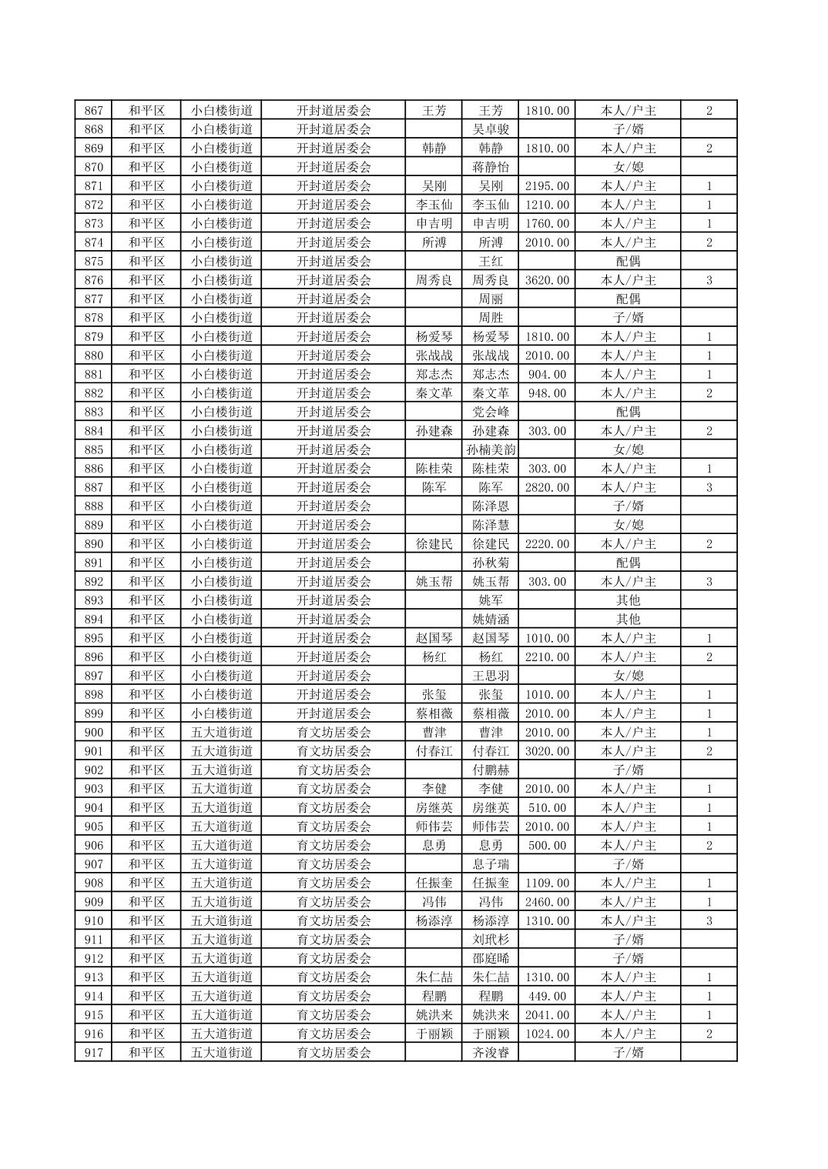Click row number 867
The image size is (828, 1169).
click(x=93, y=110)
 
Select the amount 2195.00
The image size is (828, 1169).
click(x=547, y=185)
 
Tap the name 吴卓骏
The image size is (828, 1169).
click(x=491, y=129)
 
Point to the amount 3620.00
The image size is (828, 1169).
click(x=547, y=280)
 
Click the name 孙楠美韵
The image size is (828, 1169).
click(x=491, y=449)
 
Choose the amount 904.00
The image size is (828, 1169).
click(x=547, y=374)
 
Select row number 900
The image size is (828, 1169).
click(x=93, y=732)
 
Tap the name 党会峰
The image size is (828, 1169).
click(x=491, y=412)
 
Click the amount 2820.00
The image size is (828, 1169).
click(x=547, y=487)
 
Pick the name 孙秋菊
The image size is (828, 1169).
click(x=491, y=563)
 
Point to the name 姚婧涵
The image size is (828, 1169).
click(x=491, y=619)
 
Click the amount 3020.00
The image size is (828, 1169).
click(x=547, y=751)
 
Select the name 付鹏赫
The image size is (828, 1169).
click(x=491, y=770)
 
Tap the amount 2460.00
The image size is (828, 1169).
click(x=547, y=901)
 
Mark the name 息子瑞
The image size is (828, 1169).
click(x=491, y=863)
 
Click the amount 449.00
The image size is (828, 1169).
click(x=547, y=996)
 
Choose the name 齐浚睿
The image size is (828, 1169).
click(x=491, y=1052)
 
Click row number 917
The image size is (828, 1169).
click(x=93, y=1052)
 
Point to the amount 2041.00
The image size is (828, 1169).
click(x=547, y=1014)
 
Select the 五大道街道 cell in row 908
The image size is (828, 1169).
click(x=222, y=883)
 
